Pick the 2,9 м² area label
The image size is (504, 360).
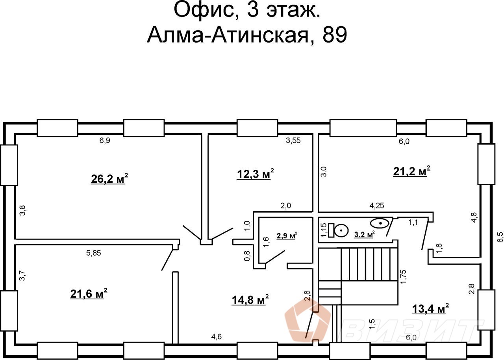pyautogui.click(x=287, y=236)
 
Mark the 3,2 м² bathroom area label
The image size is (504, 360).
pyautogui.click(x=364, y=235)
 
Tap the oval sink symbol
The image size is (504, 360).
pyautogui.click(x=381, y=223)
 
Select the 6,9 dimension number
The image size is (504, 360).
pyautogui.click(x=104, y=141)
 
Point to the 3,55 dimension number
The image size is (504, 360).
pyautogui.click(x=293, y=141)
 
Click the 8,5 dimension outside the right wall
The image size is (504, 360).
pyautogui.click(x=500, y=237)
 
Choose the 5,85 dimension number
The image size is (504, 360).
pyautogui.click(x=94, y=254)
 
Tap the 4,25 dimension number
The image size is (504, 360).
pyautogui.click(x=377, y=205)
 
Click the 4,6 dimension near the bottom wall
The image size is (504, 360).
pyautogui.click(x=217, y=337)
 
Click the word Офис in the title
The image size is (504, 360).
pyautogui.click(x=203, y=11)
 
